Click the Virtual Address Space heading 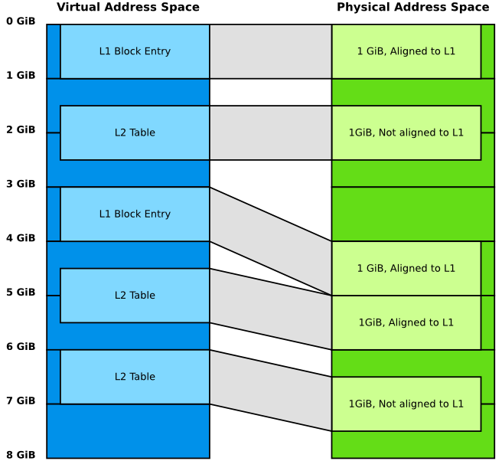(x=128, y=8)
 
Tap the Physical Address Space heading (x=412, y=8)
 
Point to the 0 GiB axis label (x=21, y=21)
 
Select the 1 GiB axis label (x=21, y=76)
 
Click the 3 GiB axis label (x=21, y=184)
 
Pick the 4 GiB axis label (x=21, y=238)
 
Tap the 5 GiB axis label (x=21, y=293)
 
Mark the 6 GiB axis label (x=21, y=347)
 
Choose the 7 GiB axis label (x=21, y=401)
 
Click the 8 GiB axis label (x=21, y=455)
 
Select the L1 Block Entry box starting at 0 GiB (x=135, y=51)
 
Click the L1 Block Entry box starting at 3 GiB (x=135, y=214)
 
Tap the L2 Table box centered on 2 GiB (x=135, y=132)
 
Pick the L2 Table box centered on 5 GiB (x=135, y=296)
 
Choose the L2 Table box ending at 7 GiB (x=135, y=377)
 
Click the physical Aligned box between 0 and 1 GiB (x=406, y=51)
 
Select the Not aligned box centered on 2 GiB (x=406, y=132)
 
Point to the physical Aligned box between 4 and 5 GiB (x=406, y=268)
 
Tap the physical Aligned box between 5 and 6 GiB (x=406, y=322)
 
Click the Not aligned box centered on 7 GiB (x=406, y=404)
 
